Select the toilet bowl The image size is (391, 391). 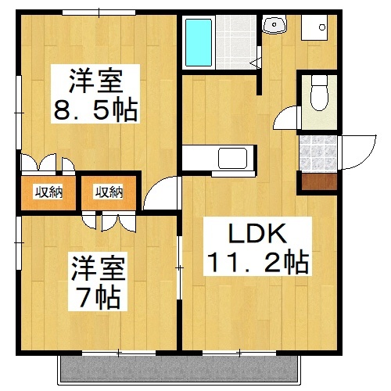317,97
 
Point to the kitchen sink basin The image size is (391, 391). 232,157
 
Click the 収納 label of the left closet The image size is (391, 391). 48,192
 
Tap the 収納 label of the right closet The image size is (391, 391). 109,192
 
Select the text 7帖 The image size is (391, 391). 98,296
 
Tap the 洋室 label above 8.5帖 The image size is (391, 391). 95,81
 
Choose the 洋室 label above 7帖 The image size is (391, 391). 97,269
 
